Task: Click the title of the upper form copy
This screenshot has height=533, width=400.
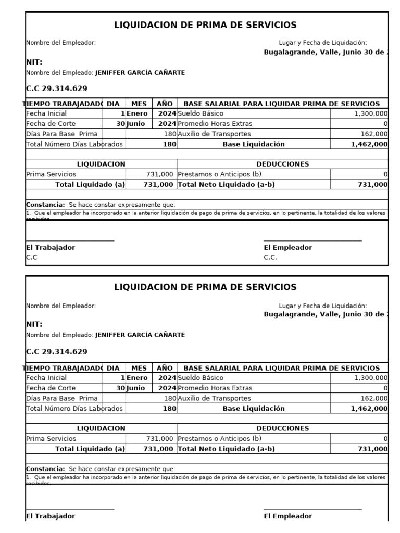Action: pyautogui.click(x=205, y=25)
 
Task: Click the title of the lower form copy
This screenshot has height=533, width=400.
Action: pyautogui.click(x=205, y=287)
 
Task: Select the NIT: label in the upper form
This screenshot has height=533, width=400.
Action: pyautogui.click(x=34, y=62)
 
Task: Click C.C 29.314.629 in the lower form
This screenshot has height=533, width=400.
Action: pyautogui.click(x=57, y=352)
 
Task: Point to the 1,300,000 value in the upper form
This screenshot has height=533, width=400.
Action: pyautogui.click(x=370, y=113)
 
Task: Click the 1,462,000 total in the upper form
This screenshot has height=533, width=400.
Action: pyautogui.click(x=369, y=144)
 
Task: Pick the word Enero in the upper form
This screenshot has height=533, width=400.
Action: pyautogui.click(x=137, y=113)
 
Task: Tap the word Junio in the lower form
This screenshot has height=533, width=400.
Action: pyautogui.click(x=136, y=388)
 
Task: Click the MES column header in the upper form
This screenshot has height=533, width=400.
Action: pyautogui.click(x=139, y=104)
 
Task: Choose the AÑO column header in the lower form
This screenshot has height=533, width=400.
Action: pyautogui.click(x=165, y=368)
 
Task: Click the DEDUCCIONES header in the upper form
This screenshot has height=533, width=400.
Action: pyautogui.click(x=282, y=164)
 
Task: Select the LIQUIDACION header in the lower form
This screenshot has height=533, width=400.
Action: pyautogui.click(x=101, y=428)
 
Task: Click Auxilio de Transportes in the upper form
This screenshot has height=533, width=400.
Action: pyautogui.click(x=214, y=134)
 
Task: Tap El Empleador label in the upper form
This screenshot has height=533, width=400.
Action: pyautogui.click(x=288, y=248)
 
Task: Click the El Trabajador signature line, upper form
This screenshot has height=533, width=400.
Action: pyautogui.click(x=70, y=241)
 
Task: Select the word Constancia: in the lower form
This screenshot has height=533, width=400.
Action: pyautogui.click(x=46, y=469)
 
